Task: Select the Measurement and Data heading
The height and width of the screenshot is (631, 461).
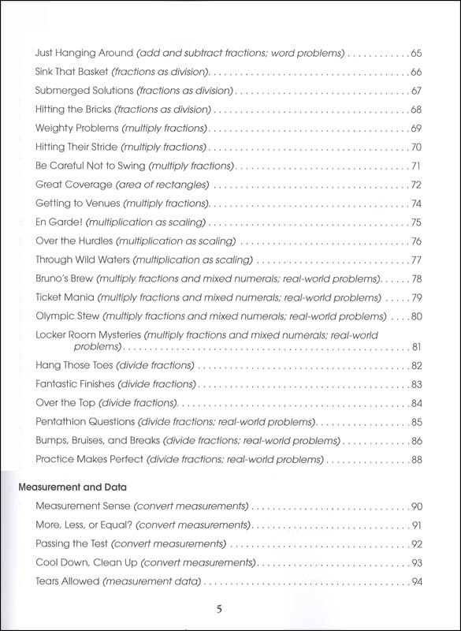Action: (72, 487)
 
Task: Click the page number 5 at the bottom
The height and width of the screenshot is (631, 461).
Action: (230, 609)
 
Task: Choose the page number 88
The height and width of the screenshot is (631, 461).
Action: (417, 459)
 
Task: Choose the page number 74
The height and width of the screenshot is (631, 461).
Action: (417, 203)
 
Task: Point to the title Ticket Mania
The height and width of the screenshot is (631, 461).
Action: (65, 297)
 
